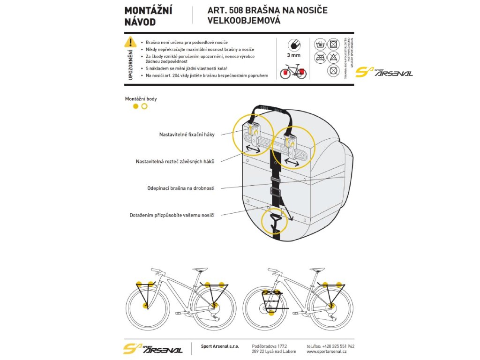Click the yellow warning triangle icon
130,42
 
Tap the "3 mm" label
293,56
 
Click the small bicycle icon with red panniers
293,72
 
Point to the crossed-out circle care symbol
333,71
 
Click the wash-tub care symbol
320,45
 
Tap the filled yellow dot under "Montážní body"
136,106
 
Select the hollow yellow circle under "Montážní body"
144,106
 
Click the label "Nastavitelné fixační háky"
187,135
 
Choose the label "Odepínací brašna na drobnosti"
181,188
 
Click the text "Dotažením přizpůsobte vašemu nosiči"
172,215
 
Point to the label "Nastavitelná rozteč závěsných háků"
175,161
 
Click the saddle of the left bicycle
201,269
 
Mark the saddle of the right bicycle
318,269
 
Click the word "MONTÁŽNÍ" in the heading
148,11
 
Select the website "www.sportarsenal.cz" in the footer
327,352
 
